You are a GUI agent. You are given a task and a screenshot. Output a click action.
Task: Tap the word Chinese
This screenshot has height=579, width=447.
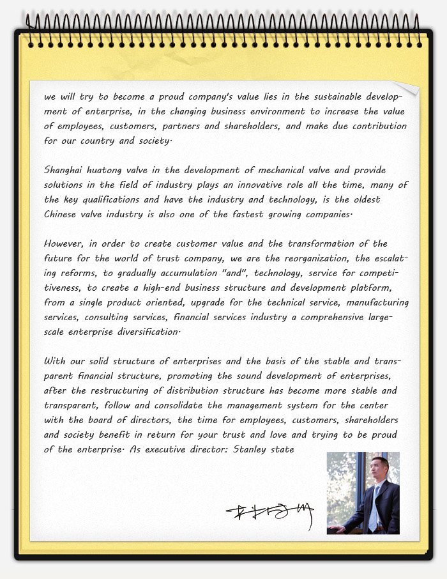coord(61,214)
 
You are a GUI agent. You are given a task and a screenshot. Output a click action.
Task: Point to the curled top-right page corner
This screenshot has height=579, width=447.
coord(407,88)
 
